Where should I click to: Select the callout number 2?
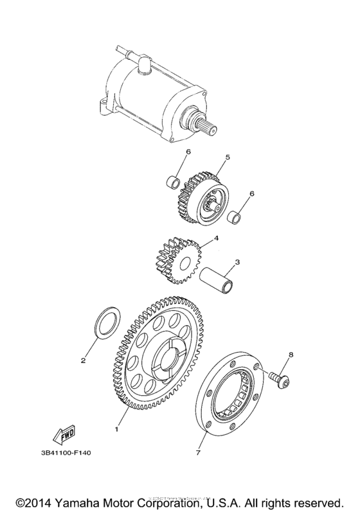pyautogui.click(x=83, y=360)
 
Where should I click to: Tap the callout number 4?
pyautogui.click(x=217, y=238)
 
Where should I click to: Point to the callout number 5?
pyautogui.click(x=227, y=156)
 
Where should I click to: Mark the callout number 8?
pyautogui.click(x=291, y=354)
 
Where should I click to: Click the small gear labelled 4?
pyautogui.click(x=177, y=260)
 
